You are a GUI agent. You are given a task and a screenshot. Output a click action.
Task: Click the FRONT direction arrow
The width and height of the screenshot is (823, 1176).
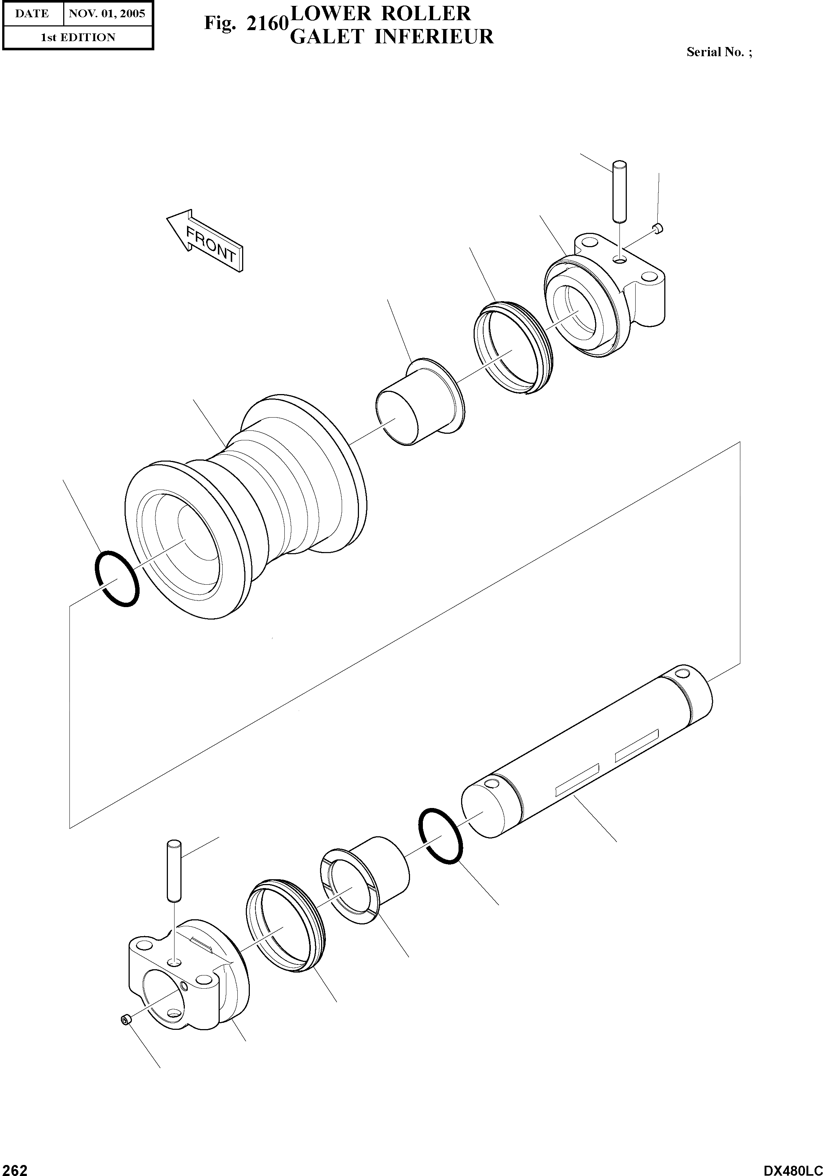(x=205, y=240)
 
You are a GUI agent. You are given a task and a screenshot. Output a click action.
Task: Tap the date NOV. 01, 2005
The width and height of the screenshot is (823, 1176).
(x=107, y=14)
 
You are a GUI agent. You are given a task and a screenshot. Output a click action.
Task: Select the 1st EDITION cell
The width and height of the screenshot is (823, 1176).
(x=78, y=37)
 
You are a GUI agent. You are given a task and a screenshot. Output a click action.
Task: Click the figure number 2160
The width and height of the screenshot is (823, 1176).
(x=266, y=24)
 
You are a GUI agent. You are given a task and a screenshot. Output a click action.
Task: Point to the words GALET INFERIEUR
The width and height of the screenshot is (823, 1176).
(x=392, y=37)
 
